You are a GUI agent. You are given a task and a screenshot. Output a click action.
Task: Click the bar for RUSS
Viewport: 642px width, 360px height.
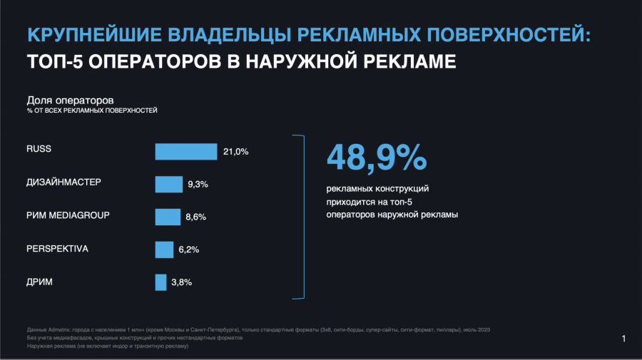[186, 151]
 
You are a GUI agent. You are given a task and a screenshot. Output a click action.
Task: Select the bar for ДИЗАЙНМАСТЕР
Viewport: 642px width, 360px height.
[169, 184]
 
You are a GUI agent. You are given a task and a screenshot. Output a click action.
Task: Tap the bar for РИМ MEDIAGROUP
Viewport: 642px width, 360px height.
[168, 217]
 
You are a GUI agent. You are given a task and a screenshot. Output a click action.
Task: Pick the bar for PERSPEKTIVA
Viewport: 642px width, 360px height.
[164, 250]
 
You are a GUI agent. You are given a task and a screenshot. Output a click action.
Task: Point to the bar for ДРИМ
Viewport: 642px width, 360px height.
[160, 282]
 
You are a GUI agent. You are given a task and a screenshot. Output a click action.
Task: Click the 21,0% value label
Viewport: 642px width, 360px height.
[235, 151]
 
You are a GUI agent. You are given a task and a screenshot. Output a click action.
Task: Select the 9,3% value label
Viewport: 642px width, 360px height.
[198, 184]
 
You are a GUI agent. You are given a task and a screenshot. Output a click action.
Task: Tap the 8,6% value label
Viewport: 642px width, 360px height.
[195, 217]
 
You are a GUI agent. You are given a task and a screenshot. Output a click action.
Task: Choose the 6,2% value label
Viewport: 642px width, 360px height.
[188, 250]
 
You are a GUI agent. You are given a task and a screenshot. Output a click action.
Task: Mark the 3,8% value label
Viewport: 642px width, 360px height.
[181, 282]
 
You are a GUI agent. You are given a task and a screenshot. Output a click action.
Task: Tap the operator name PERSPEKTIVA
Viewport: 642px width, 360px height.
[57, 248]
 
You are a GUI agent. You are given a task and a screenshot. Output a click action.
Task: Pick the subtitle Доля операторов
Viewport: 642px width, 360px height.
[70, 100]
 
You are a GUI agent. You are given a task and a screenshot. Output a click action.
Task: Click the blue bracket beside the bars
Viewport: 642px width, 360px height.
[302, 215]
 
